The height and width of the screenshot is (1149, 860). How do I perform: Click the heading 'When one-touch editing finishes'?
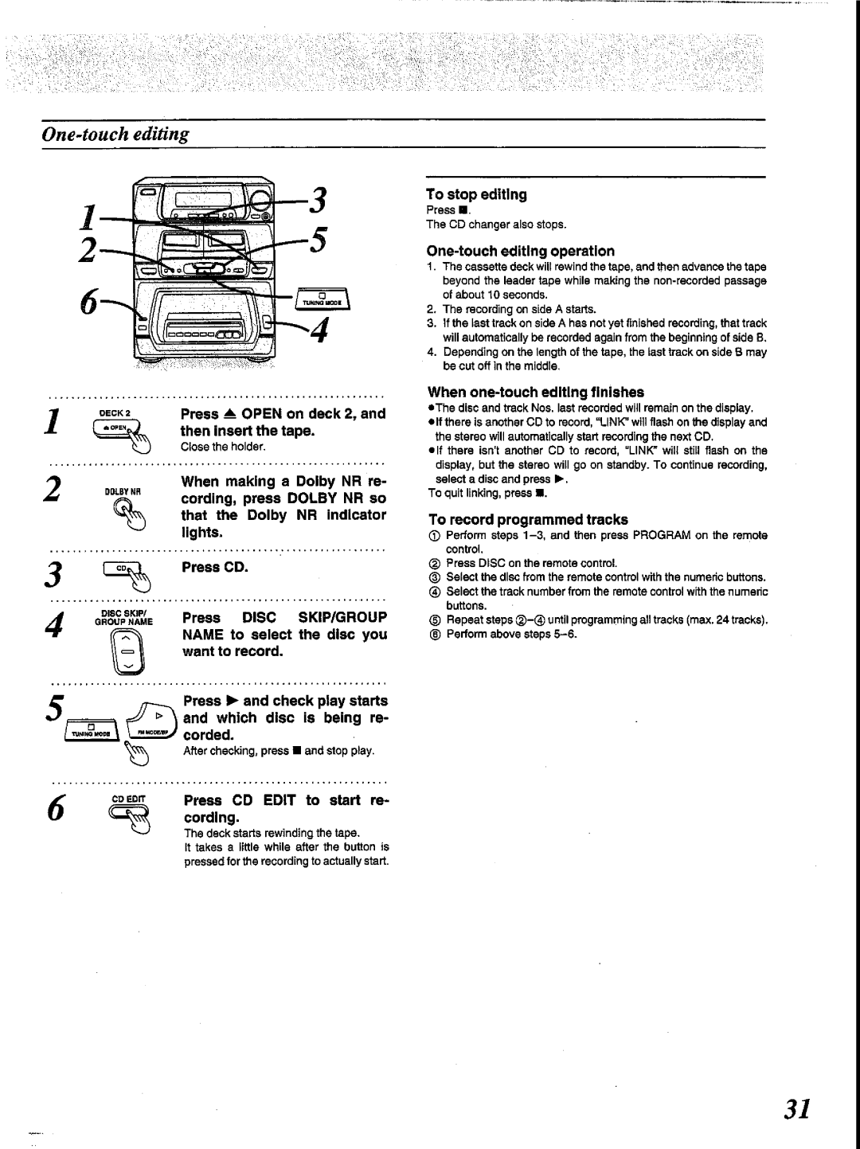tap(536, 392)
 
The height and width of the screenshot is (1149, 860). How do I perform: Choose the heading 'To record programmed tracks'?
tap(528, 519)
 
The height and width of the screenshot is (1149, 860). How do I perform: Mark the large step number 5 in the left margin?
tap(55, 707)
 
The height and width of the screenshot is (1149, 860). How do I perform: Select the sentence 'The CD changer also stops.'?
tap(495, 225)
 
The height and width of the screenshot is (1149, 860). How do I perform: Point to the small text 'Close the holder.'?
tap(222, 447)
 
